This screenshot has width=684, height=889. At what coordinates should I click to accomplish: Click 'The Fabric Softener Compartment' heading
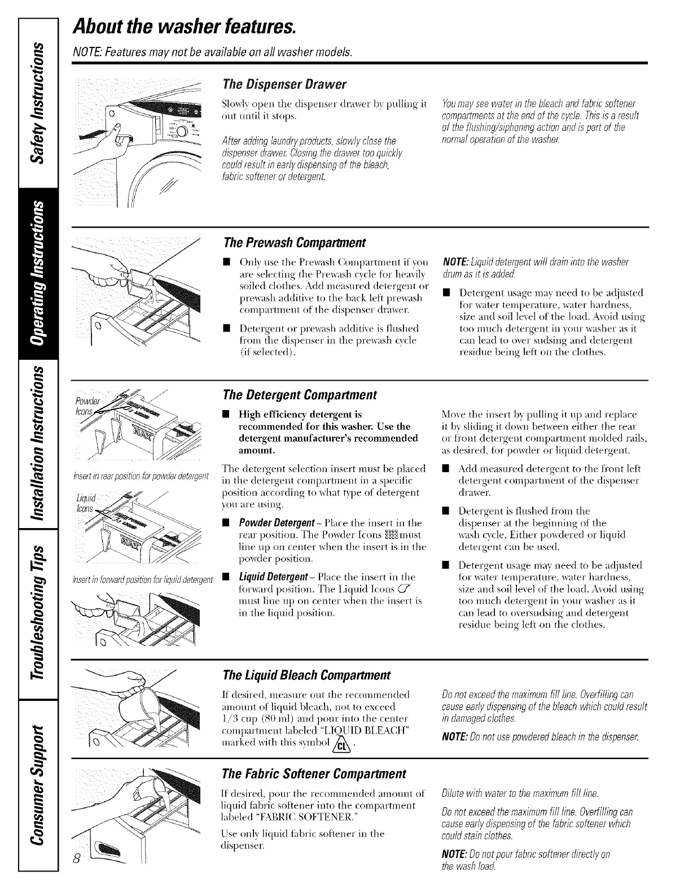(315, 773)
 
